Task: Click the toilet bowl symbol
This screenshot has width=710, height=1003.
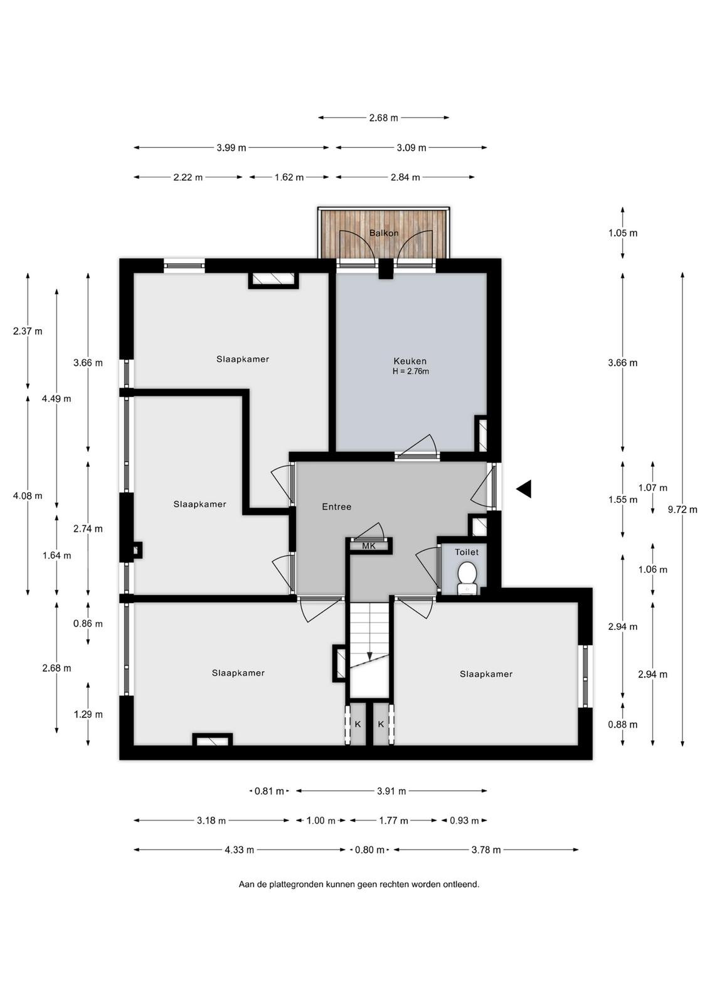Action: point(467,577)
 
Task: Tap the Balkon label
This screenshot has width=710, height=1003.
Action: point(383,233)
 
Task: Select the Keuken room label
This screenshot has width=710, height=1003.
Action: point(410,361)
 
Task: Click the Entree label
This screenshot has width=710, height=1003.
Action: point(336,507)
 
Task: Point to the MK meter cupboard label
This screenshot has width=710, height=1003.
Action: point(369,546)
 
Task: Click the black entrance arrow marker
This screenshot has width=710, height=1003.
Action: point(524,488)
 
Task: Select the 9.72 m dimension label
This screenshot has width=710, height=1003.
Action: point(682,510)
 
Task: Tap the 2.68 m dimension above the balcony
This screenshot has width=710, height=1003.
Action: point(383,118)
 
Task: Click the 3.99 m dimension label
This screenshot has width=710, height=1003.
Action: point(231,148)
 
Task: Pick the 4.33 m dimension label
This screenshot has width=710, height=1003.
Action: point(239,850)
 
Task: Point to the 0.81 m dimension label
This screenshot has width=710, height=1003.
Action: point(269,791)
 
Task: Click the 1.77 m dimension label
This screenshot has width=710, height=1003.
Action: point(393,821)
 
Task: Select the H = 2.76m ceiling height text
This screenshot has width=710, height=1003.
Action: point(410,371)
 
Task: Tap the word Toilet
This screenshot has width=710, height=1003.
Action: point(467,552)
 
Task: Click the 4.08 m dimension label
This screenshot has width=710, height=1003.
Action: point(28,496)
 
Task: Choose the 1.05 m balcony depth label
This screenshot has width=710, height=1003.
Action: point(623,233)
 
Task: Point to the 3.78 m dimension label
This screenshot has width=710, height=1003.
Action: point(486,850)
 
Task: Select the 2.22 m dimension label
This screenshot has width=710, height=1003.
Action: point(188,177)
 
